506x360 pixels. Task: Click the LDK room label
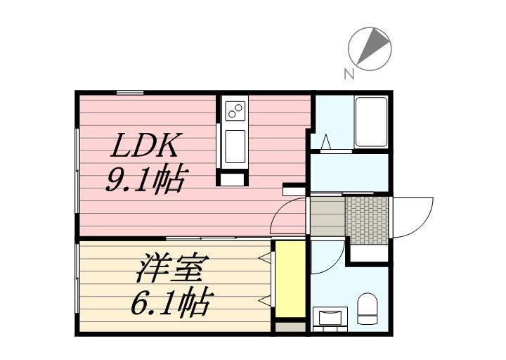click(x=145, y=146)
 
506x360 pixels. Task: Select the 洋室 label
click(x=173, y=268)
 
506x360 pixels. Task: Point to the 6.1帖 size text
click(x=173, y=302)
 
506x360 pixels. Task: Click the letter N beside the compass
click(x=349, y=75)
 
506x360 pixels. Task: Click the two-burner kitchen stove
click(x=235, y=110)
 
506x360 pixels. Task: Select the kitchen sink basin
click(x=235, y=146)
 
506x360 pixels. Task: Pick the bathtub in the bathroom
click(x=371, y=122)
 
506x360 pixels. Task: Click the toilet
click(x=368, y=309)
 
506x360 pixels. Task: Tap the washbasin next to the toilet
click(x=330, y=316)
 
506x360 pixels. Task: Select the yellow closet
click(x=290, y=279)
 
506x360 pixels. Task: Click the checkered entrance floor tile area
click(x=367, y=220)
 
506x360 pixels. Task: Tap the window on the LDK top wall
click(x=130, y=93)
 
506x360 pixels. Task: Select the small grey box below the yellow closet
click(x=290, y=327)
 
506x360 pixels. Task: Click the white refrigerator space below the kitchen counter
click(x=233, y=180)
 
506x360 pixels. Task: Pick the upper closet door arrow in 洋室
click(x=265, y=257)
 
